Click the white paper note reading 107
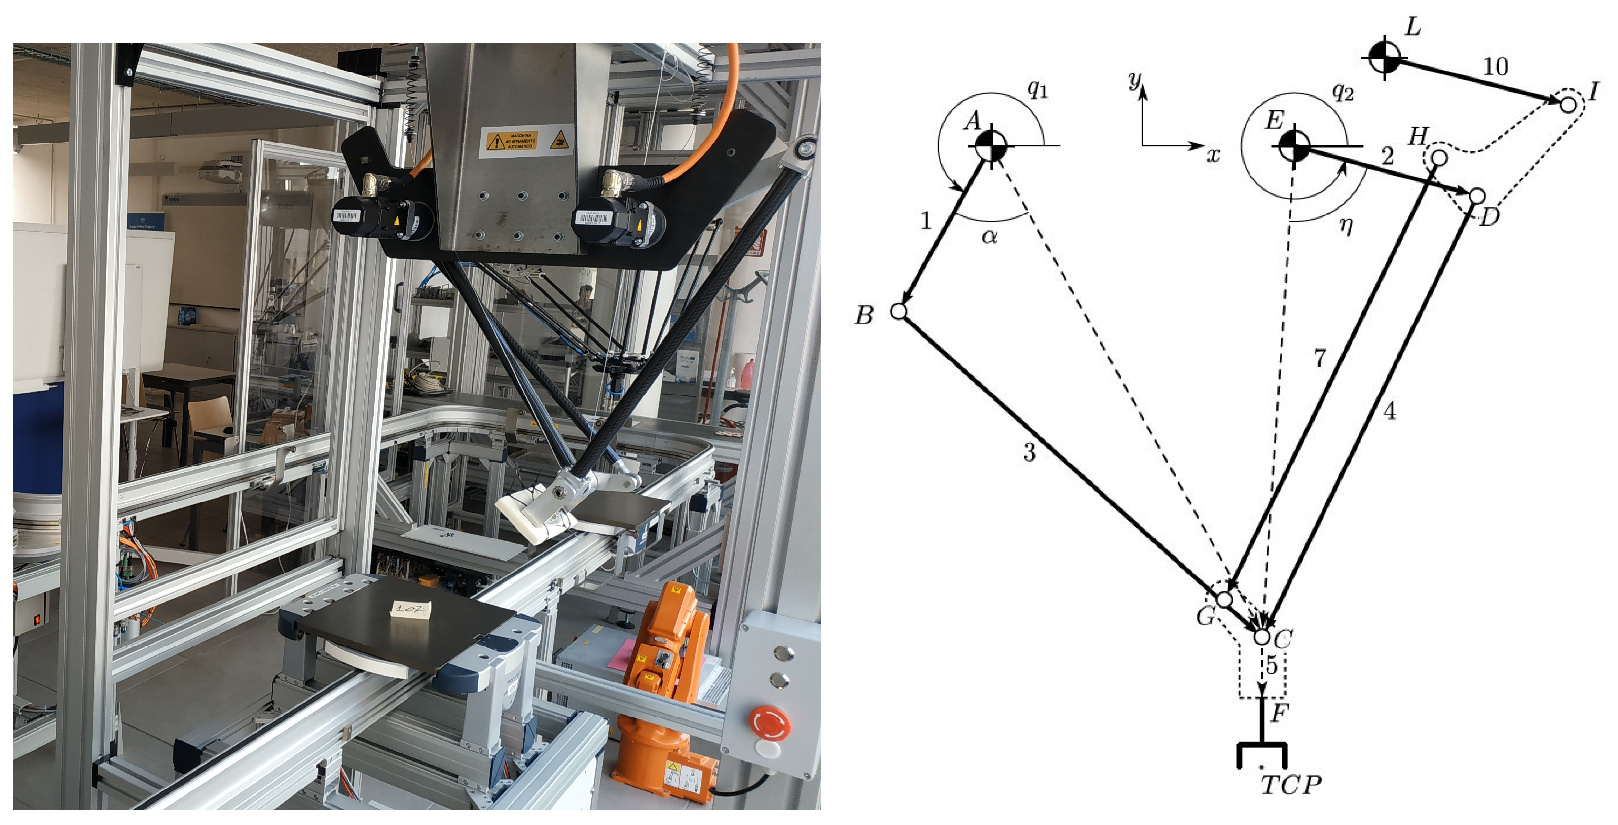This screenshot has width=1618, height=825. click(x=411, y=609)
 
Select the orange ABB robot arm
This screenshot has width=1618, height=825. click(x=666, y=678)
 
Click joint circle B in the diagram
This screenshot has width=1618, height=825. click(x=899, y=311)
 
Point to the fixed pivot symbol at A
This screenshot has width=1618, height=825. click(x=991, y=145)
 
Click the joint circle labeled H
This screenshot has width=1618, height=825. click(x=1439, y=158)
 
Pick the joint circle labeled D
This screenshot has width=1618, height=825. click(x=1477, y=196)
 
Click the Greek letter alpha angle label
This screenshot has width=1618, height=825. click(x=989, y=237)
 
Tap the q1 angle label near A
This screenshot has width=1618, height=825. click(x=1037, y=90)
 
